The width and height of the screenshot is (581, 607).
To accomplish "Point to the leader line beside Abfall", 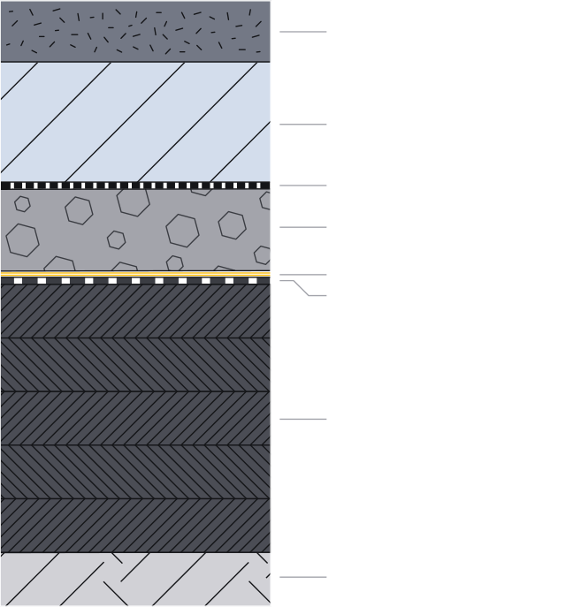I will (303, 32).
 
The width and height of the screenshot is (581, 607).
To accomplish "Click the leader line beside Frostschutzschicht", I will (303, 125).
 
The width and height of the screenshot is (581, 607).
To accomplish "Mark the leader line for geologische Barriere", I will (303, 420).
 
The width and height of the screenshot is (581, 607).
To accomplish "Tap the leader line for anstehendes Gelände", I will (303, 578).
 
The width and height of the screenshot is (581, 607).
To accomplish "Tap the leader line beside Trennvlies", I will (303, 186).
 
